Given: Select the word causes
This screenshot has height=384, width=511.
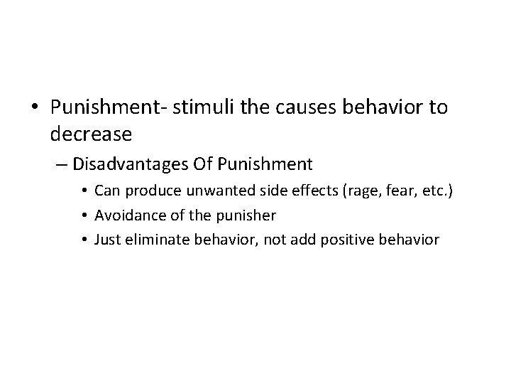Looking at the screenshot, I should pyautogui.click(x=300, y=107).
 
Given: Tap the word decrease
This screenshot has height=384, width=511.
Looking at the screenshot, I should pyautogui.click(x=92, y=133).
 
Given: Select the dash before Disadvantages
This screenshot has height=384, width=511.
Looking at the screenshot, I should pyautogui.click(x=62, y=165).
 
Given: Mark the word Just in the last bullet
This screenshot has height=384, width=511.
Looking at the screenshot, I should pyautogui.click(x=107, y=240).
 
